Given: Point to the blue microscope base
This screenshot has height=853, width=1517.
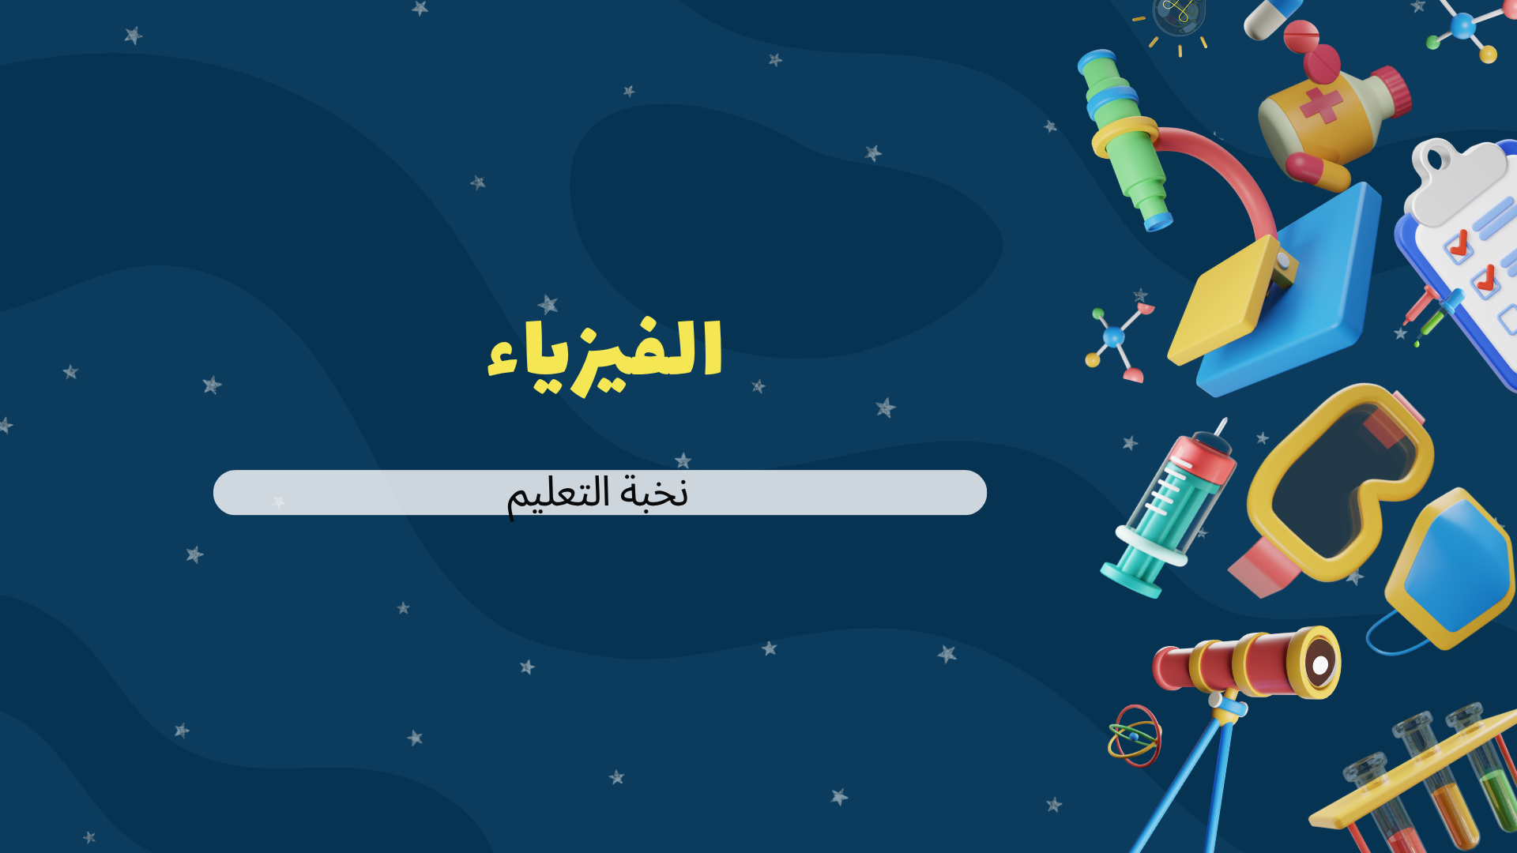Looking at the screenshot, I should click(1312, 316).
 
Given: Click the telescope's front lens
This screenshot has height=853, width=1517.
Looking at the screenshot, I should click(1319, 664).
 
